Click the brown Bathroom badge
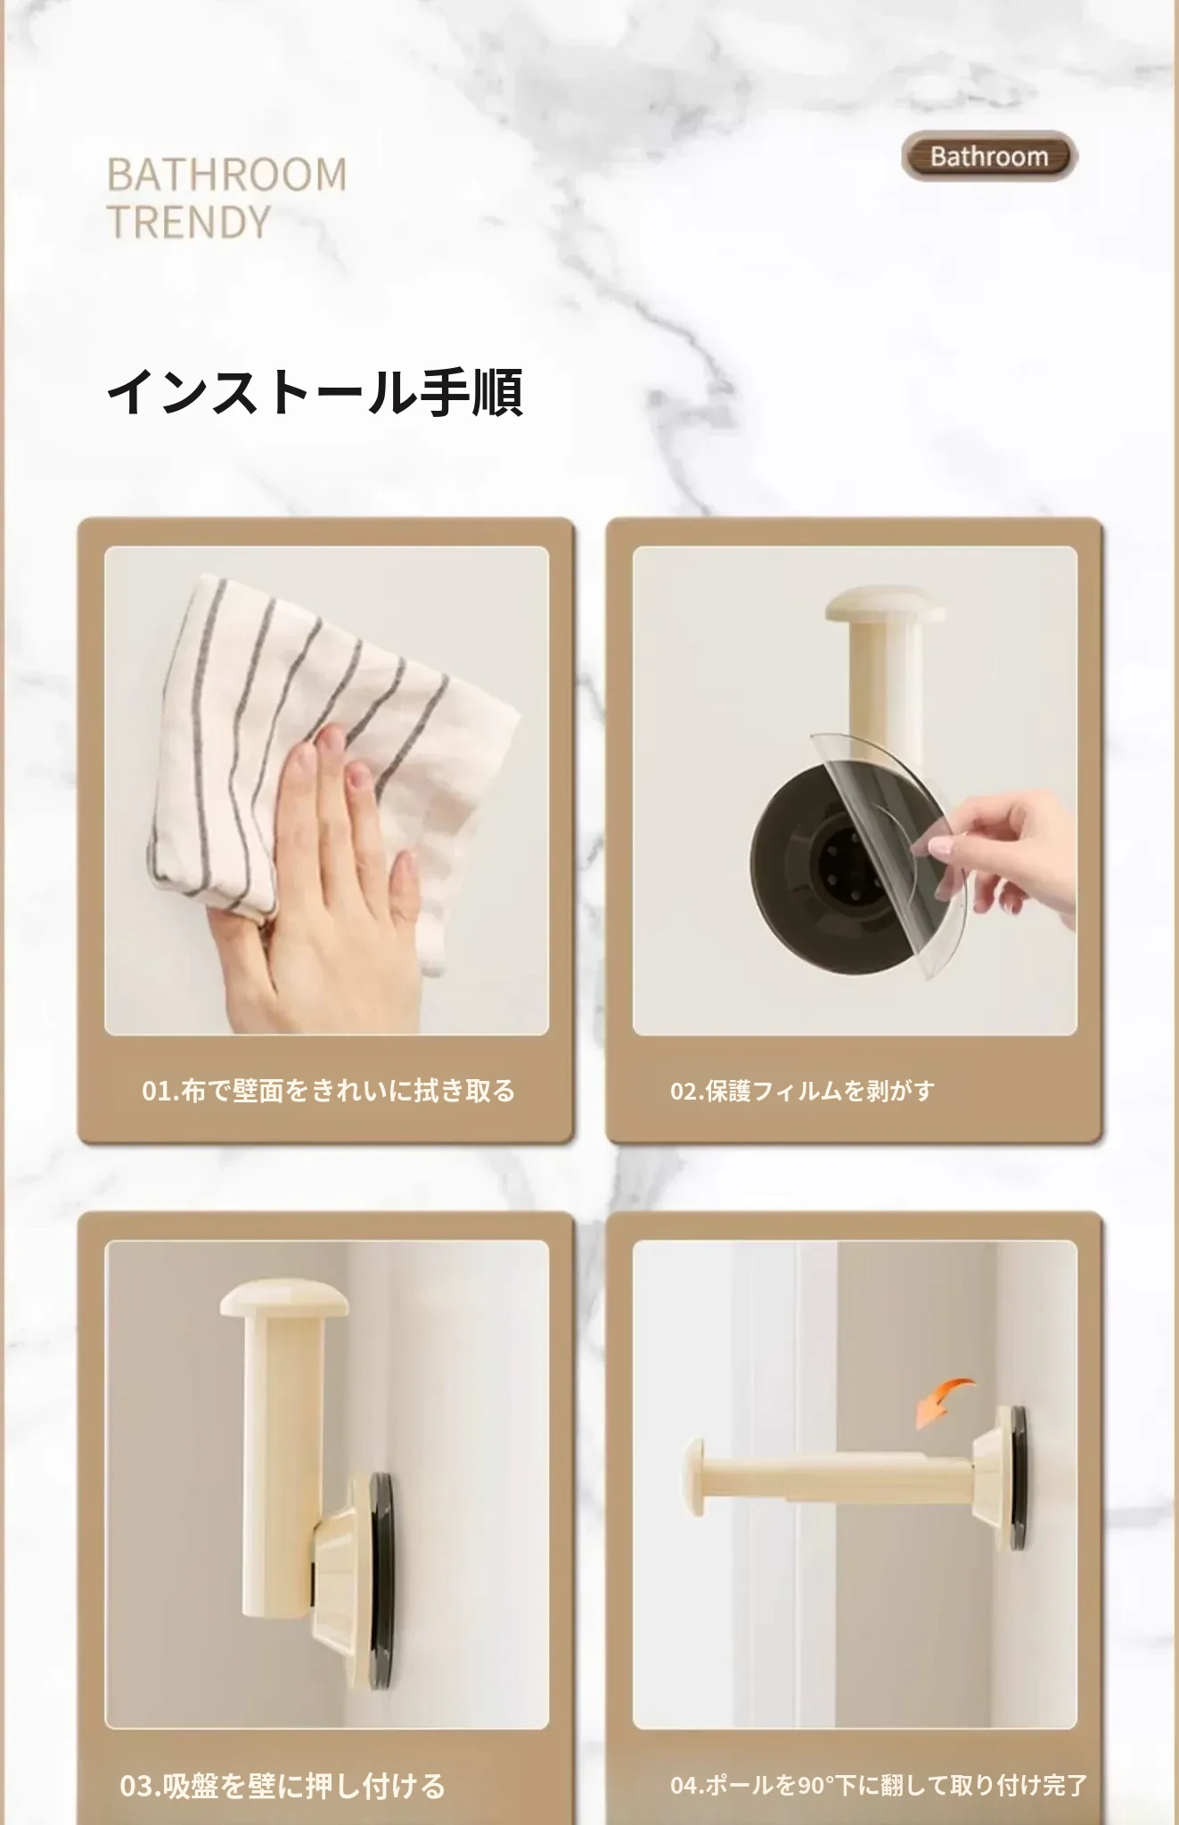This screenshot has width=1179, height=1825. (x=989, y=157)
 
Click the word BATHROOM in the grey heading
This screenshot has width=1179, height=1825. (x=227, y=175)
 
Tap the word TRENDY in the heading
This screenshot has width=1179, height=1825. (x=188, y=222)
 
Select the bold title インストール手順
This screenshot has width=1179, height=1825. (x=315, y=391)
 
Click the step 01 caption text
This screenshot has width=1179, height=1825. (x=329, y=1091)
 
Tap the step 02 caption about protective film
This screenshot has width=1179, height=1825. (x=802, y=1091)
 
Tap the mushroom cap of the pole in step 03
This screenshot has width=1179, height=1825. (x=284, y=1298)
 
